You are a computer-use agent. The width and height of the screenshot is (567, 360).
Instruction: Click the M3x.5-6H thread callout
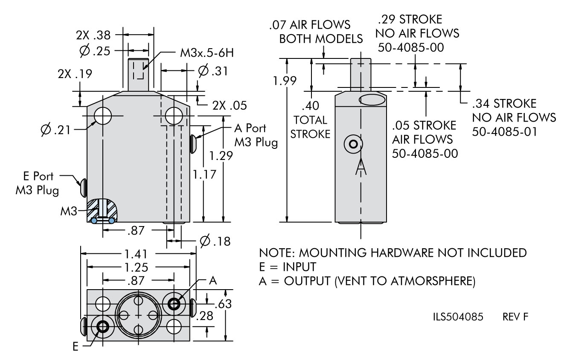point(207,53)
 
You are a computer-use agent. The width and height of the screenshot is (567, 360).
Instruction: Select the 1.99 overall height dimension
point(285,81)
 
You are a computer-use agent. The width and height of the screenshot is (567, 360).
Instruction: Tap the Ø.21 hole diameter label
point(56,130)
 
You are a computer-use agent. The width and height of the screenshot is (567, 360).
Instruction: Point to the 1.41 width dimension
point(136,254)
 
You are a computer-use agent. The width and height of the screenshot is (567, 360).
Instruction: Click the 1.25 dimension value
point(136,267)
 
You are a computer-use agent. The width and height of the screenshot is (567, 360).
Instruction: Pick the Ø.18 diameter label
point(215,241)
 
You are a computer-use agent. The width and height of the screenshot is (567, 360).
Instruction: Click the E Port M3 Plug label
point(38,183)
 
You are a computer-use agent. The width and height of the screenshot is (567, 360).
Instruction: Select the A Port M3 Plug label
point(256,135)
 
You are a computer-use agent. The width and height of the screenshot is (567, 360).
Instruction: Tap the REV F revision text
point(515,317)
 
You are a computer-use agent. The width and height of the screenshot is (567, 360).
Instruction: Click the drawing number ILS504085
point(458,317)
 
